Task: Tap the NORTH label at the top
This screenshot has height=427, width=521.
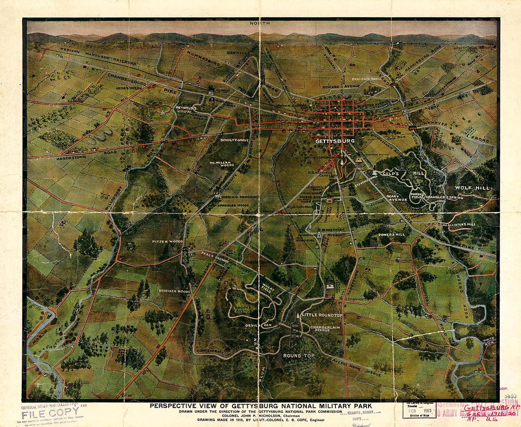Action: pos(261,23)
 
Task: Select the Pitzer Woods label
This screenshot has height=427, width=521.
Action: pos(167,242)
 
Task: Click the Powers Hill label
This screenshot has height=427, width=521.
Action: pos(392,234)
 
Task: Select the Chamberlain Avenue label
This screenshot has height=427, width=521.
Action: pos(326,330)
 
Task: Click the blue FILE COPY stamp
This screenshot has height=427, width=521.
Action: pos(45,413)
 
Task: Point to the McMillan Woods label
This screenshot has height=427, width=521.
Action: pos(222,164)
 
